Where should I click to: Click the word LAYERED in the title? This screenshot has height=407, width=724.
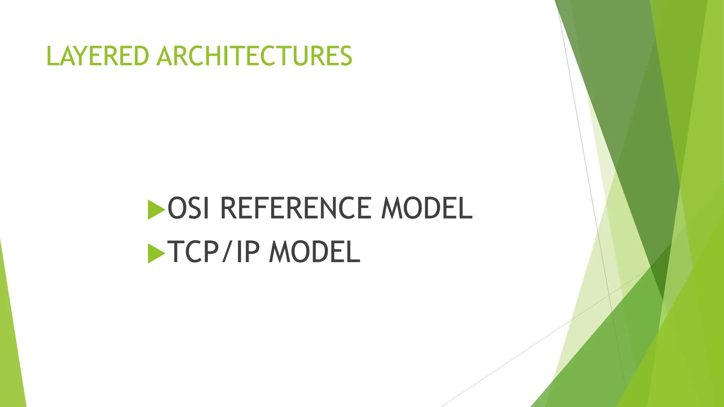click(x=98, y=56)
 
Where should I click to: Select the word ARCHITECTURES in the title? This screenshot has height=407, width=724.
click(x=255, y=56)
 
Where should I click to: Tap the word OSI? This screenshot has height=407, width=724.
click(x=188, y=208)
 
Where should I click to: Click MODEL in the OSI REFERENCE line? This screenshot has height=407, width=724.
click(x=427, y=208)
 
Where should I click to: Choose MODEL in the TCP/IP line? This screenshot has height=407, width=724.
click(x=314, y=252)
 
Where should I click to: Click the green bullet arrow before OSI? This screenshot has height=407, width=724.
click(x=156, y=210)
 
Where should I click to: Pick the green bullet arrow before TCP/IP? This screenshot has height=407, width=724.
click(x=156, y=253)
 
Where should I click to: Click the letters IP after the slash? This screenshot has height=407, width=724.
click(x=248, y=252)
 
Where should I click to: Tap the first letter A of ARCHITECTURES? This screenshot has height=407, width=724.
click(x=165, y=56)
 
